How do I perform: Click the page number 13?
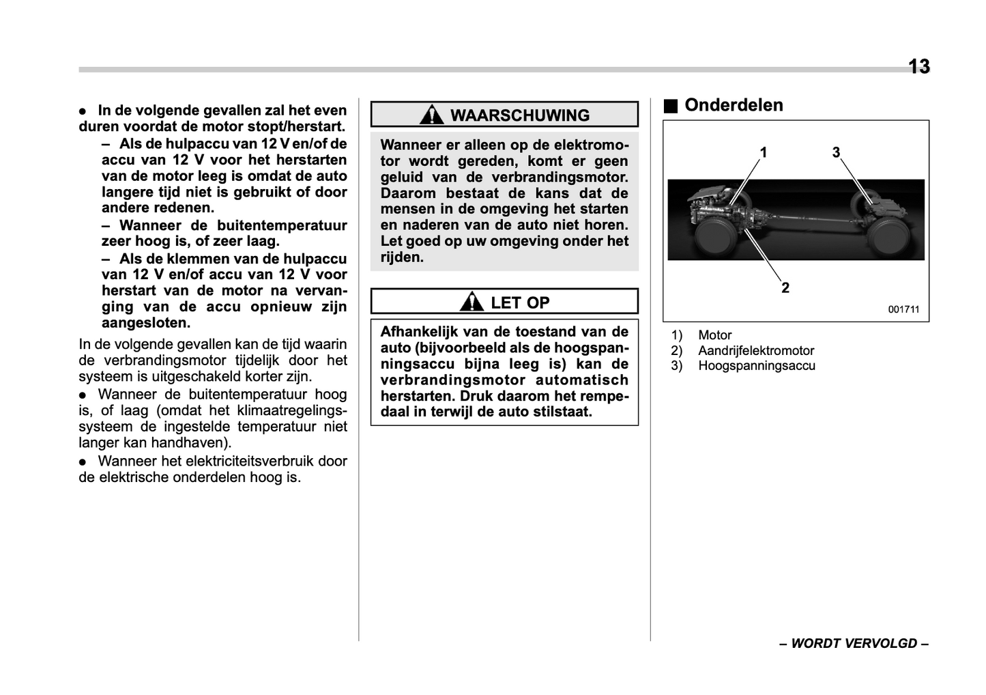click(918, 66)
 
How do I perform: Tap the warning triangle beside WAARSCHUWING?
click(431, 115)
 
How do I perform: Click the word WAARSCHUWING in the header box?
click(520, 115)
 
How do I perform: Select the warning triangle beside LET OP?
click(472, 302)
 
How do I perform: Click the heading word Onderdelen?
click(734, 105)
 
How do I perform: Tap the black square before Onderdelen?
click(671, 106)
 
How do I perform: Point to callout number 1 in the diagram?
click(764, 152)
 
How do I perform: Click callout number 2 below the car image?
click(785, 287)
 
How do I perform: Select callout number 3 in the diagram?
click(836, 152)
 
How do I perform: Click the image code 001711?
click(903, 309)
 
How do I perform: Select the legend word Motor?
click(714, 335)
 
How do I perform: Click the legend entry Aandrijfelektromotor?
click(755, 351)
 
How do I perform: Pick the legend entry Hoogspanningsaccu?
click(756, 366)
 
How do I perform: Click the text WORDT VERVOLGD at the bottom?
click(854, 644)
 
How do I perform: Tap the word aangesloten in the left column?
click(145, 323)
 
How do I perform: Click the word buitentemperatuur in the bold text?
click(282, 225)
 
